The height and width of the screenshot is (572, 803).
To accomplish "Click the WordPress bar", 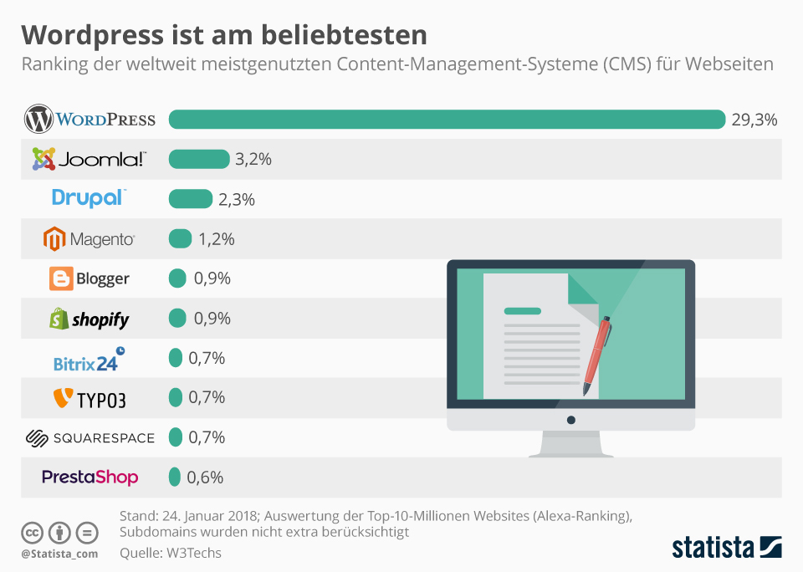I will [447, 120].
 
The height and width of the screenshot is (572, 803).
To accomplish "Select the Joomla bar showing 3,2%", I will [199, 159].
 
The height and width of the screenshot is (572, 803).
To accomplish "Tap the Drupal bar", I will [191, 199].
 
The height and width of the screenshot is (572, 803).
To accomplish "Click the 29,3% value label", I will [754, 120].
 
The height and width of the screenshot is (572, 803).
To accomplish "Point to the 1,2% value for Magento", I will [216, 239].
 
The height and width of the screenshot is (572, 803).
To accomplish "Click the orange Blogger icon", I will [61, 278].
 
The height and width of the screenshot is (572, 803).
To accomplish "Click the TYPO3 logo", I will [90, 399].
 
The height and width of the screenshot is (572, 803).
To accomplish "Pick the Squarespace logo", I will [90, 438].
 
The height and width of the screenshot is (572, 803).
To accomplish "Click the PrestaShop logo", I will [90, 478].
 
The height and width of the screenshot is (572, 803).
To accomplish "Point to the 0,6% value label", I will [205, 478].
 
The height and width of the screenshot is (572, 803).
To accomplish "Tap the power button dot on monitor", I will [571, 419].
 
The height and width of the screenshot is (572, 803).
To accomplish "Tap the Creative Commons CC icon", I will [33, 533].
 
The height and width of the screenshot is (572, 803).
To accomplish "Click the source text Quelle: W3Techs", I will [171, 553].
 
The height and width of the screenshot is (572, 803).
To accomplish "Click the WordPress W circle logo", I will [38, 120].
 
